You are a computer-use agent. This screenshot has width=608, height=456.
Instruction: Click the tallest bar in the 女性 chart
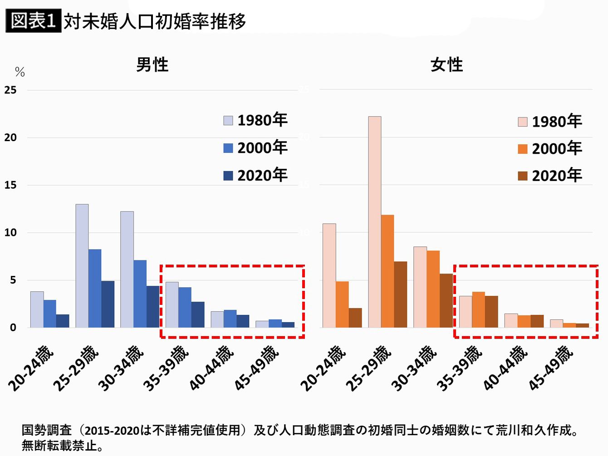pyautogui.click(x=375, y=222)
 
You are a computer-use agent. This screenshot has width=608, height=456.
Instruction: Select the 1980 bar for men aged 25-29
pyautogui.click(x=82, y=266)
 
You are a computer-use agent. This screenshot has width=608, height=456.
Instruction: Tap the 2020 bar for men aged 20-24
pyautogui.click(x=63, y=321)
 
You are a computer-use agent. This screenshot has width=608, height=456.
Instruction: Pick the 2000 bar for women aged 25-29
pyautogui.click(x=387, y=271)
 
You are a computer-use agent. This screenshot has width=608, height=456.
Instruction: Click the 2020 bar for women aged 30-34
pyautogui.click(x=446, y=300)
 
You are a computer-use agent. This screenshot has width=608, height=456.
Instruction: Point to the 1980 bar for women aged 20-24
pyautogui.click(x=329, y=275)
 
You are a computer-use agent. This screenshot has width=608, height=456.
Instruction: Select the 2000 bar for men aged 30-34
pyautogui.click(x=140, y=294)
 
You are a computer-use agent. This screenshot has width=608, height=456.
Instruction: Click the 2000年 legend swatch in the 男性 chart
pyautogui.click(x=228, y=148)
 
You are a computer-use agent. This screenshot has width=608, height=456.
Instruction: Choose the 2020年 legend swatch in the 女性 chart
pyautogui.click(x=523, y=176)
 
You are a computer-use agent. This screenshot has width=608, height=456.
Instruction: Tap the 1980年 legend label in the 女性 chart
pyautogui.click(x=557, y=122)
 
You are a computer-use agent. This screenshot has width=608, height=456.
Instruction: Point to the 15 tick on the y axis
pyautogui.click(x=10, y=185)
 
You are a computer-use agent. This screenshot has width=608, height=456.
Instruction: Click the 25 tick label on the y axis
pyautogui.click(x=10, y=90)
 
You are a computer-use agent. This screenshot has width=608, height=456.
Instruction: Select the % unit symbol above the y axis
pyautogui.click(x=20, y=72)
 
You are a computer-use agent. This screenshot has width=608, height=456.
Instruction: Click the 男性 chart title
pyautogui.click(x=152, y=65)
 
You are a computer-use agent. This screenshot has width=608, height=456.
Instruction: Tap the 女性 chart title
pyautogui.click(x=446, y=65)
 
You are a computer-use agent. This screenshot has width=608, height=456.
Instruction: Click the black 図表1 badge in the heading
pyautogui.click(x=33, y=21)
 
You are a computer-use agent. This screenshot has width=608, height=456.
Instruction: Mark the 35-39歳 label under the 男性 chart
pyautogui.click(x=166, y=368)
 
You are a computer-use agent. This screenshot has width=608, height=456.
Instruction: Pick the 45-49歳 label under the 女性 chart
pyautogui.click(x=551, y=368)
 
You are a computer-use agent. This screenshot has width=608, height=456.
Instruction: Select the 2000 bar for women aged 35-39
pyautogui.click(x=479, y=309)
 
